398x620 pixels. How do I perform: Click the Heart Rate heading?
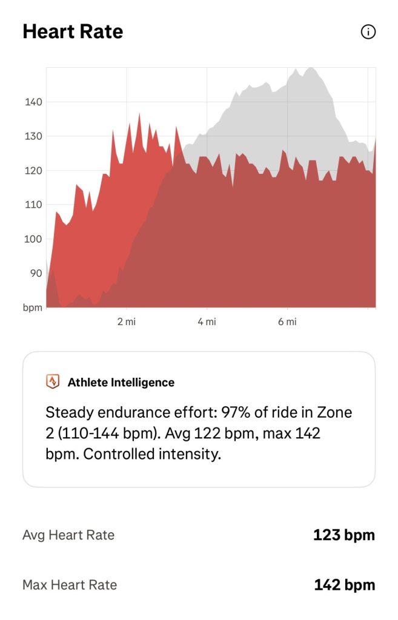point(73,31)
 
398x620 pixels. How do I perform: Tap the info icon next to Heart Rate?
point(368,31)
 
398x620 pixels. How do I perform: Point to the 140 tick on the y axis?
point(33,102)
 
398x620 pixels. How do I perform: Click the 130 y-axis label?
point(33,136)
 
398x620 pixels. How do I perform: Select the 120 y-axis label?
point(33,170)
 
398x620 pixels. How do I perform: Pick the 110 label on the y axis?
point(33,205)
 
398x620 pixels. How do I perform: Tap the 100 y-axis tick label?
point(33,239)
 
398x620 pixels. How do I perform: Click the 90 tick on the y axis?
point(36,273)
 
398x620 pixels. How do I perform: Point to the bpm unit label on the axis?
point(33,308)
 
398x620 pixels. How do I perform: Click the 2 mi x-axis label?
point(127,322)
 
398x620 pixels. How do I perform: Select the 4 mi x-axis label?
point(207,322)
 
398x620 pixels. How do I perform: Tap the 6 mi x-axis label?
point(287,322)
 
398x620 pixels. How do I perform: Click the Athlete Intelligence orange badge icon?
point(53,381)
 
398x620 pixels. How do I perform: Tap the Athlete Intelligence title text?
point(121,383)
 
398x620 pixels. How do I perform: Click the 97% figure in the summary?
point(236,412)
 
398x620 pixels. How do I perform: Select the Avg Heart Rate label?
point(68,535)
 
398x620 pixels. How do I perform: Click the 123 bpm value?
point(344,535)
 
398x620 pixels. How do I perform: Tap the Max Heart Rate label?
point(70,585)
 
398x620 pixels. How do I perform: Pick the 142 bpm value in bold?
point(345,585)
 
